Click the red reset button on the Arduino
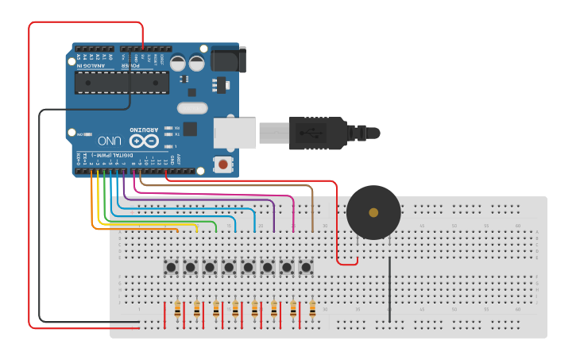pos(223,165)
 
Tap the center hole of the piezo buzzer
pos(373,212)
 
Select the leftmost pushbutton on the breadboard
pos(172,268)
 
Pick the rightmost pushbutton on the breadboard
pos(306,268)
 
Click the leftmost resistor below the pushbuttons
pos(177,309)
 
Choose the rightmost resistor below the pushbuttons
pos(312,309)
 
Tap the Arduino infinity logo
pos(145,141)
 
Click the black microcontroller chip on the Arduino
pos(122,83)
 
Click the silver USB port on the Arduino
pos(235,133)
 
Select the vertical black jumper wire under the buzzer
pos(389,290)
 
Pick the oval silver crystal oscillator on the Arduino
pos(191,108)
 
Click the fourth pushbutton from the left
pos(230,268)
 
